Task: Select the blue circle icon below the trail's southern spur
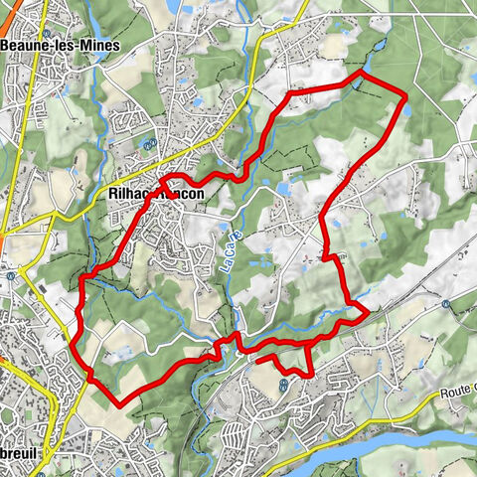point(283,381)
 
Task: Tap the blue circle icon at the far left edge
point(8,275)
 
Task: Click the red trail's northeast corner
point(406,95)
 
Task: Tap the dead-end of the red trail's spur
point(257,362)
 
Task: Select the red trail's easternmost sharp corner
point(368,313)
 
